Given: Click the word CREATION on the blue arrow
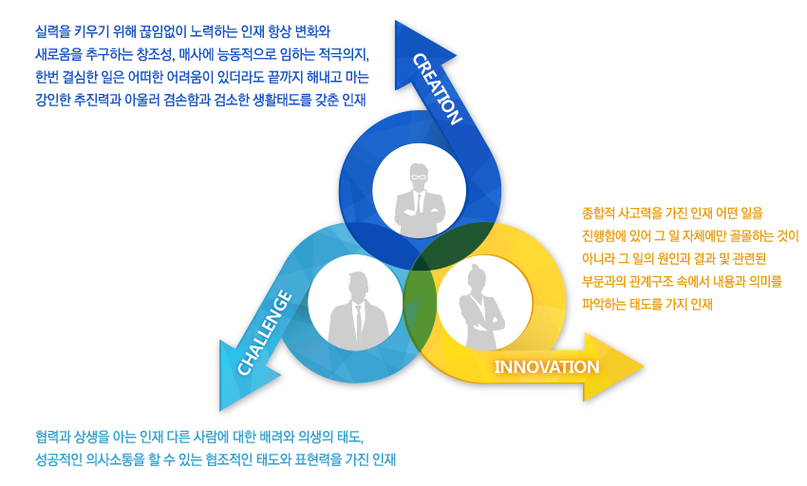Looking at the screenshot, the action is (437, 88).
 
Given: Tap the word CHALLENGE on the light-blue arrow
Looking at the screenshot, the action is (265, 332).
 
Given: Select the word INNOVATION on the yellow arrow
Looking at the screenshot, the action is (547, 367).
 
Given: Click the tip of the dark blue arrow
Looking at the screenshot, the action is (396, 21).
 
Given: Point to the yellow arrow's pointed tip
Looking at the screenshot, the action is (644, 366).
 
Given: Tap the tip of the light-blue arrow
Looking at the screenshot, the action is (220, 410).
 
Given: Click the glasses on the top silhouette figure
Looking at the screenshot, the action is (419, 178).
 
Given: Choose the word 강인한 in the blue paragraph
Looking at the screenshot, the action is (52, 100).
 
